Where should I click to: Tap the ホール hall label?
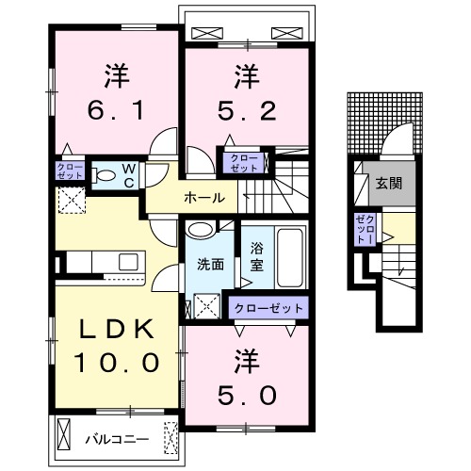203,198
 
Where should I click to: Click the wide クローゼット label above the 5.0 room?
268,308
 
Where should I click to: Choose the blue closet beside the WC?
71,172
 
